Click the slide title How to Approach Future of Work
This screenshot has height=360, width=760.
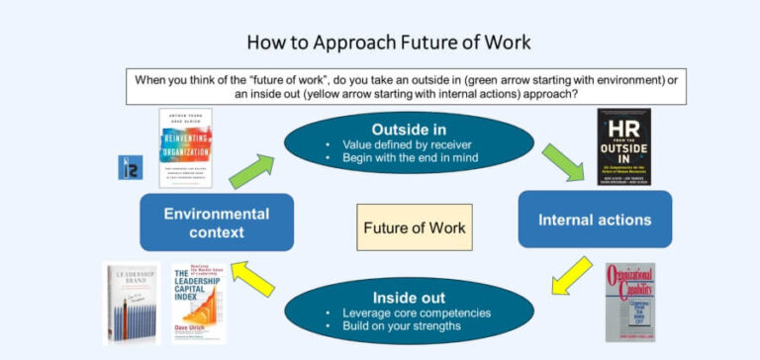(x=388, y=42)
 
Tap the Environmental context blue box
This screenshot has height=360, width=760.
(x=216, y=222)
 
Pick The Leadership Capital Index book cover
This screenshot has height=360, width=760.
(x=198, y=303)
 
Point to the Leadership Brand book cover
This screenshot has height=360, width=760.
(x=132, y=303)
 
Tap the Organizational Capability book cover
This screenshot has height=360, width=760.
(x=629, y=303)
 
